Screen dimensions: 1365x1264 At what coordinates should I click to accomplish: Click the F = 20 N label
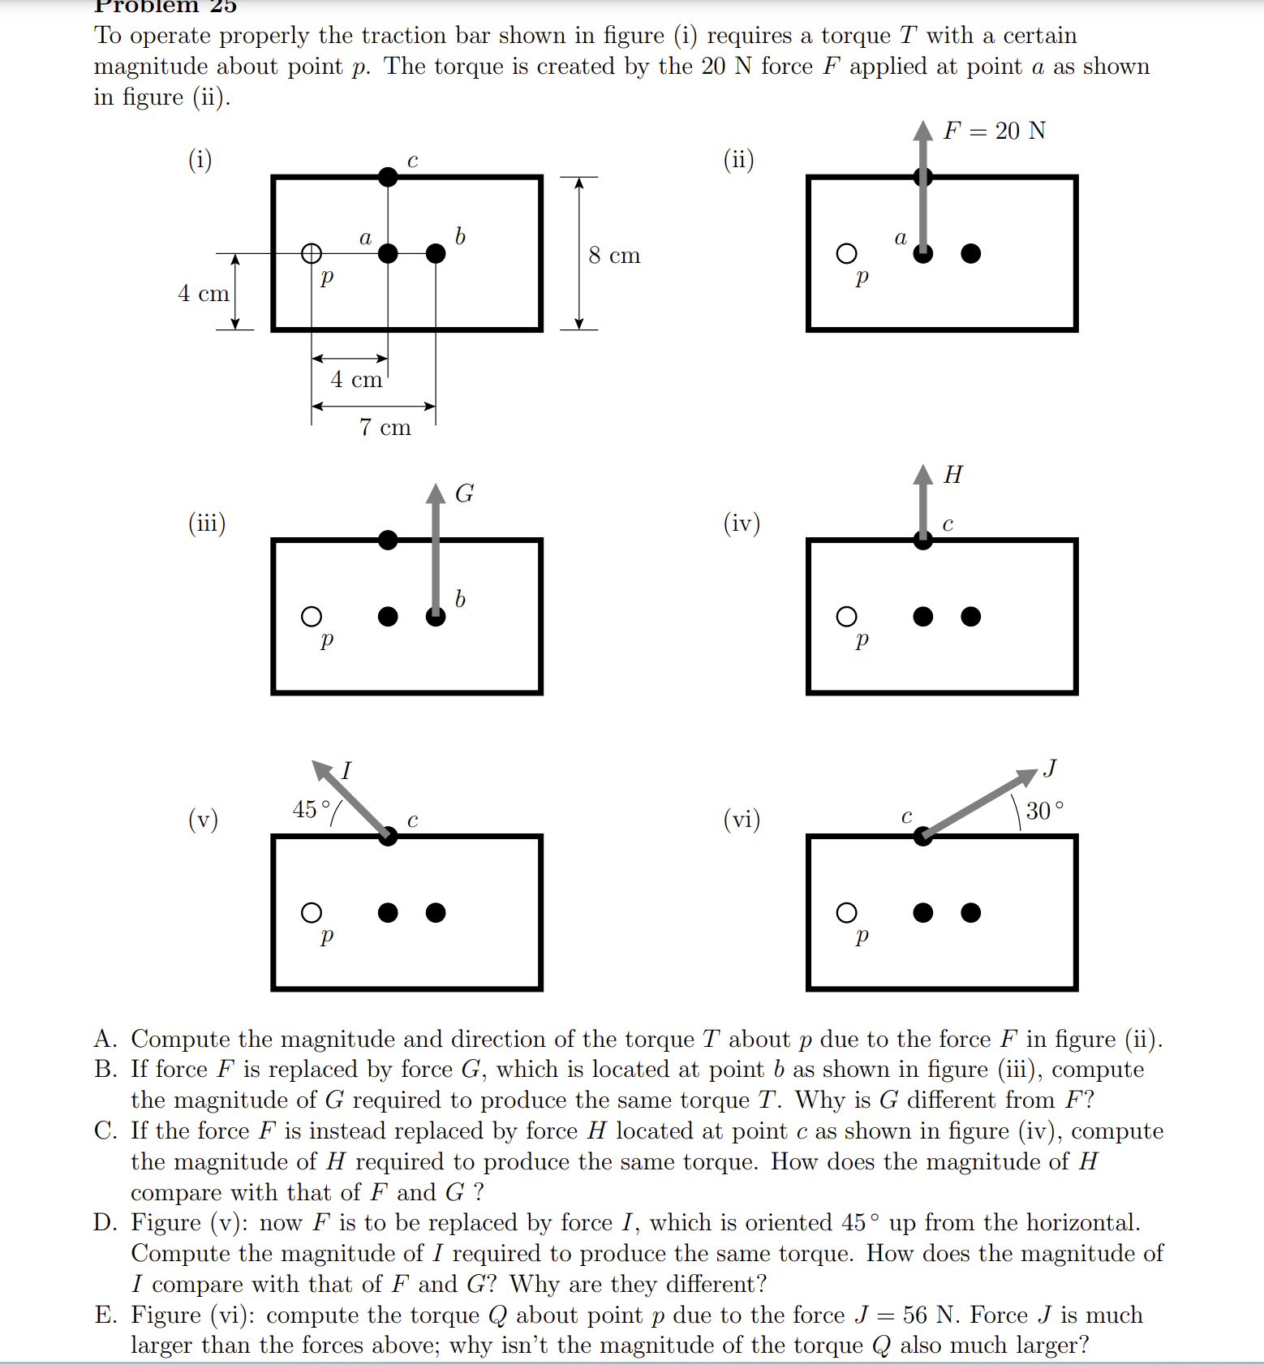(x=994, y=131)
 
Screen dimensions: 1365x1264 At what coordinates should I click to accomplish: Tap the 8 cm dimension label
(x=614, y=256)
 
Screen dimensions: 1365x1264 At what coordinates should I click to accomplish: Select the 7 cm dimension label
(x=385, y=427)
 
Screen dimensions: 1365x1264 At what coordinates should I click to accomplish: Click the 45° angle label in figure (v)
(x=312, y=809)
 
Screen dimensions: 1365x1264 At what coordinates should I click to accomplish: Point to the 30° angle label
(x=1044, y=811)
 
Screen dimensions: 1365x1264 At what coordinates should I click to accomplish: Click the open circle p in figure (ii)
(x=846, y=254)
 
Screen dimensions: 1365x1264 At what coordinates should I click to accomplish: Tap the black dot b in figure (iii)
(x=436, y=617)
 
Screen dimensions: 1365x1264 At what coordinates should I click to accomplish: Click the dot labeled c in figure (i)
(x=389, y=176)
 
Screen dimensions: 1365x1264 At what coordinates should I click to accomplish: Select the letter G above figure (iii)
(x=464, y=493)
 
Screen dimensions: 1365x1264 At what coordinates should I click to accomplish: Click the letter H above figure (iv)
(x=953, y=475)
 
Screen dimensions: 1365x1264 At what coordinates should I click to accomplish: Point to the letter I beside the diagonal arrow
(x=346, y=770)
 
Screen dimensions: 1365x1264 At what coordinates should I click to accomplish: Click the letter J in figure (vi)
(x=1051, y=767)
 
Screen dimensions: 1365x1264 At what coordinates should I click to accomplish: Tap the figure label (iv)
(x=742, y=523)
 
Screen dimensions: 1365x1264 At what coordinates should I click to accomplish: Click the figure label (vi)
(x=742, y=819)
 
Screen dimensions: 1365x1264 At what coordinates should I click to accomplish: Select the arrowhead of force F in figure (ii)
(x=923, y=130)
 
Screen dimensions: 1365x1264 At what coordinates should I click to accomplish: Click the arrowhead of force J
(x=1029, y=775)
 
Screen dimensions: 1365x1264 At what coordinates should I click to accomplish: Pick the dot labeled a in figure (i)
(x=389, y=254)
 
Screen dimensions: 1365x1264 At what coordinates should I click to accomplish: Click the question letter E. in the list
(x=105, y=1315)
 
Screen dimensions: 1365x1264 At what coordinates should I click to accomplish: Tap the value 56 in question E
(x=916, y=1315)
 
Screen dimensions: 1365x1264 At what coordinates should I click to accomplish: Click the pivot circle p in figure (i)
(x=312, y=254)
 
